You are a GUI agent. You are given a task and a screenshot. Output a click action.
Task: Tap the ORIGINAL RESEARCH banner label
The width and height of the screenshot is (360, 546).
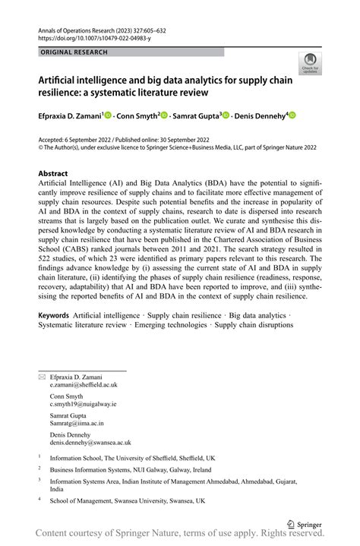click(x=73, y=52)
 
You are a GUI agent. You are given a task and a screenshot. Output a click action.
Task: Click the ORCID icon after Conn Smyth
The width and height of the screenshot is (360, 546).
click(x=164, y=115)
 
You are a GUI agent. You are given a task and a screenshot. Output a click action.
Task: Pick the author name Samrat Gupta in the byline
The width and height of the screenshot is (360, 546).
click(x=196, y=115)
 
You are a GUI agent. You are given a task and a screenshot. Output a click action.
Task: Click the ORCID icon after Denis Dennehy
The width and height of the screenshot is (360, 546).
click(x=291, y=115)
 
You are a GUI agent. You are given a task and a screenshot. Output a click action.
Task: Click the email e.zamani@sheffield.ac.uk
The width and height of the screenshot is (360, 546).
click(x=84, y=385)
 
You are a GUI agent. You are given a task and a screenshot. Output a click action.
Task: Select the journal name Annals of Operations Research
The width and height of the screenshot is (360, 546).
click(x=81, y=27)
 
